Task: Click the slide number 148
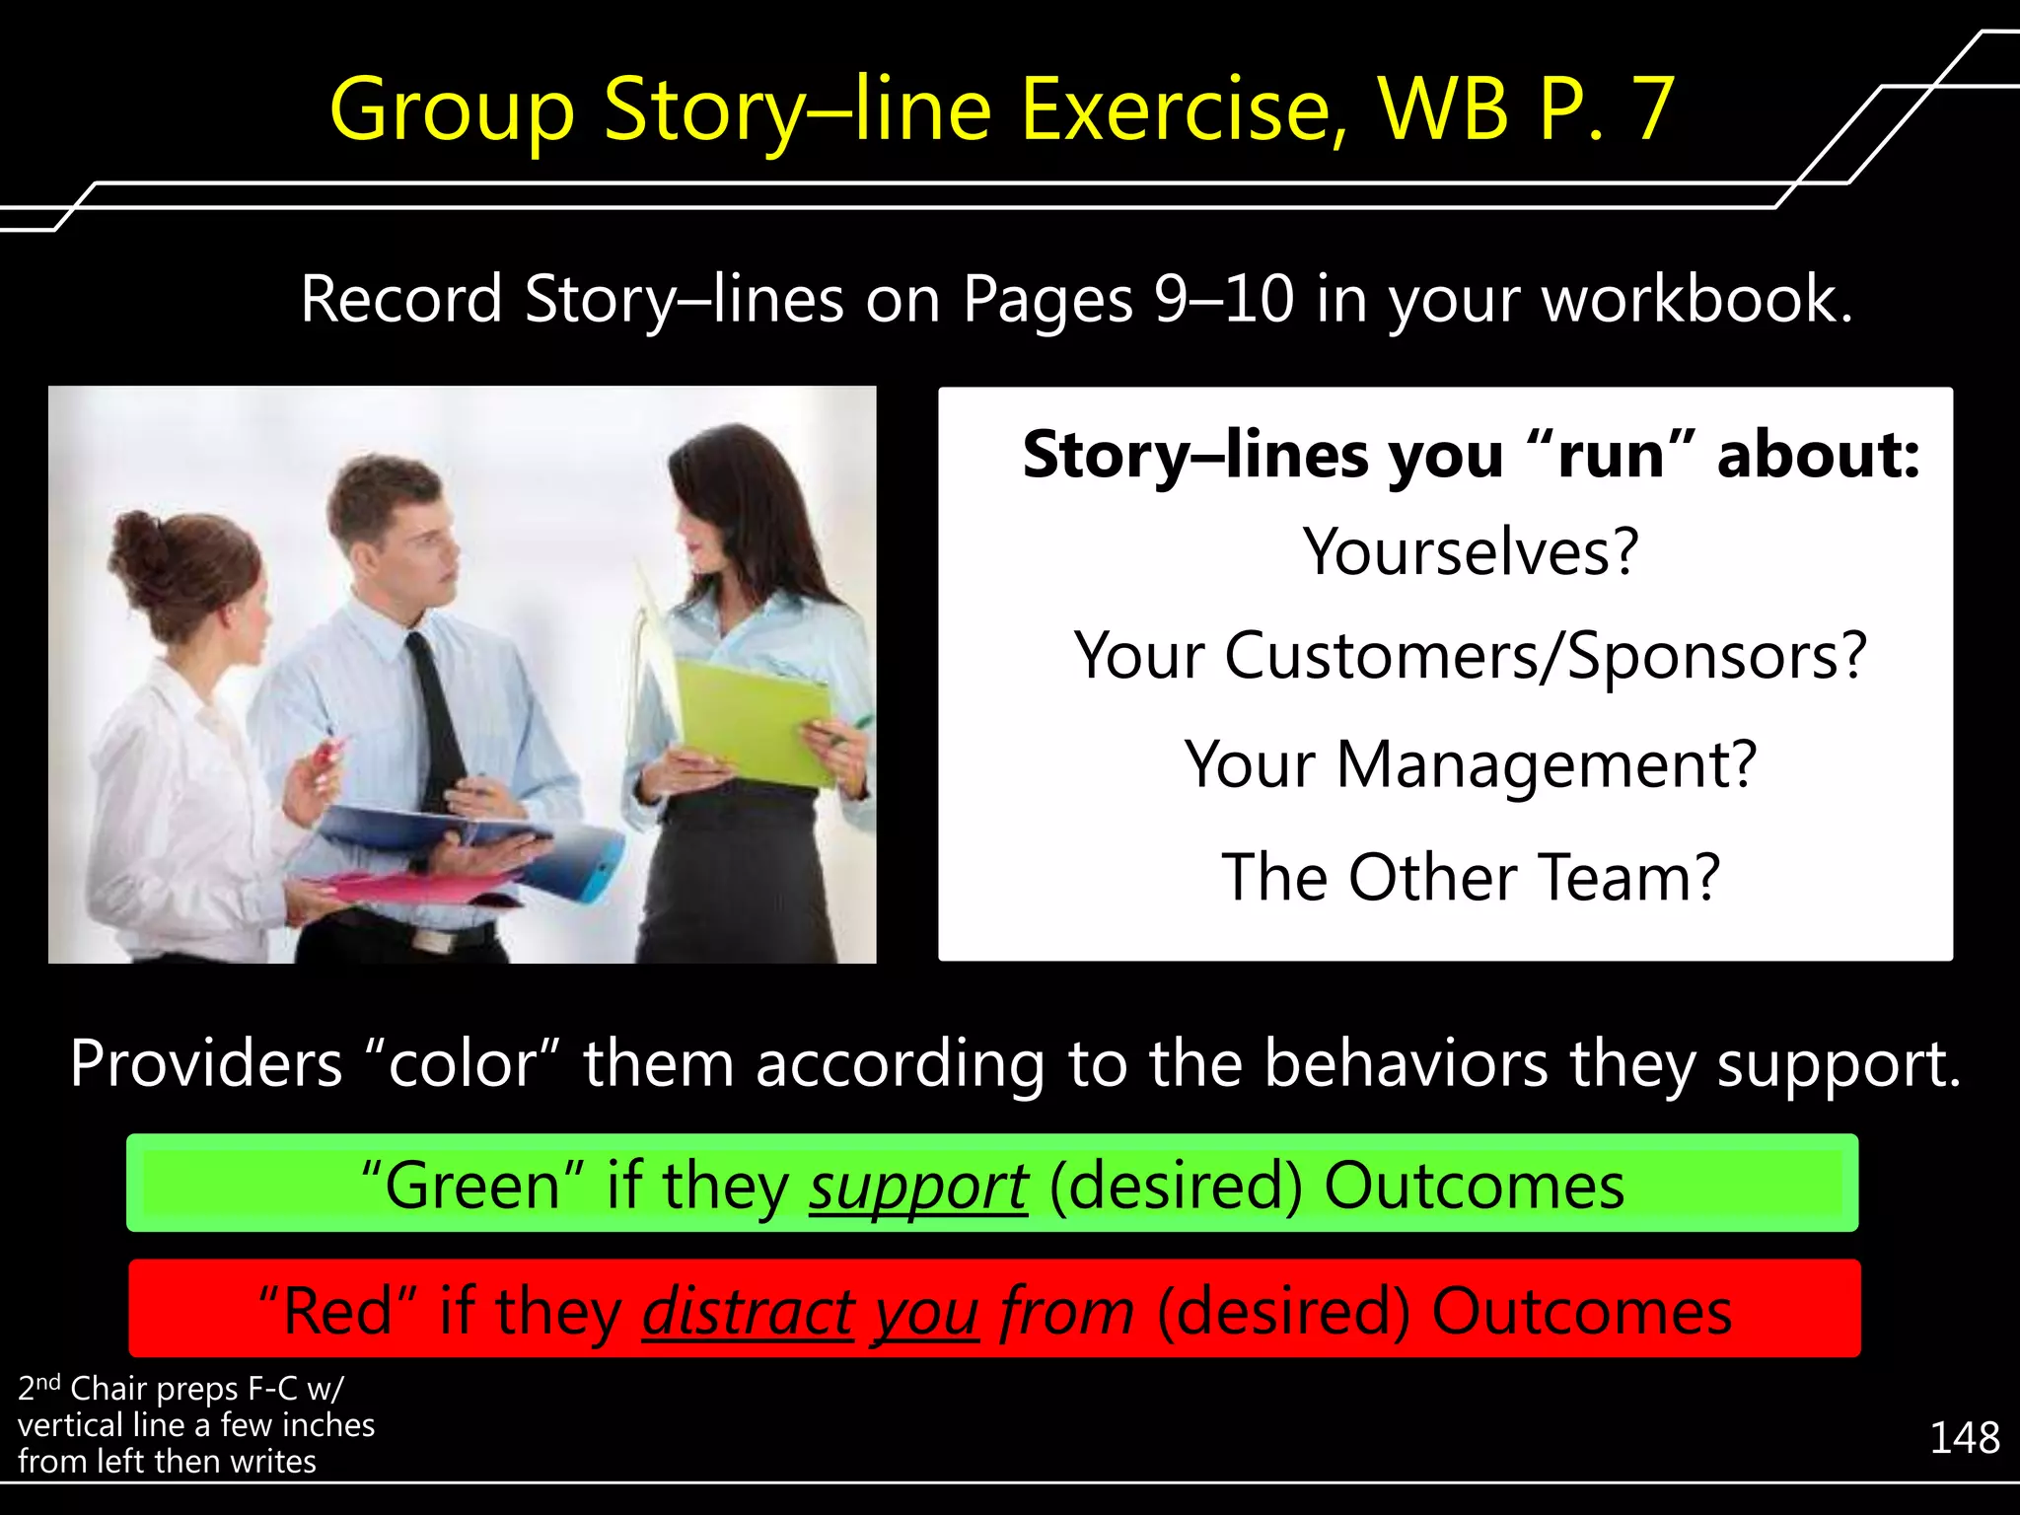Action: [1964, 1438]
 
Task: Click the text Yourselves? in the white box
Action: [1471, 551]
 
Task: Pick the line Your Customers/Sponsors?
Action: [1471, 656]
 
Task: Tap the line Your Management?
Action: [1471, 764]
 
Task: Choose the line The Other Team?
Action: [1471, 877]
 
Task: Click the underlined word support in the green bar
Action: [918, 1187]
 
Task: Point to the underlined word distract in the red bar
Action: [748, 1313]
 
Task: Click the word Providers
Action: [205, 1064]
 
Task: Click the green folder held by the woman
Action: [755, 720]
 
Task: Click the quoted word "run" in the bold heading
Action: [1610, 456]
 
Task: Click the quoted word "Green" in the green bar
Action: [472, 1187]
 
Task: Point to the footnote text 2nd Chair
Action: [89, 1389]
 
